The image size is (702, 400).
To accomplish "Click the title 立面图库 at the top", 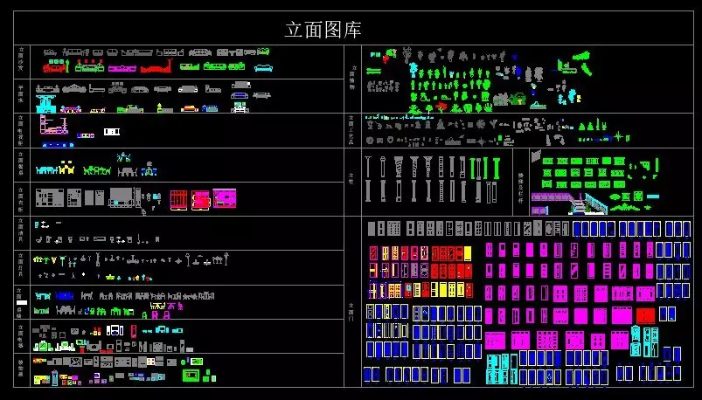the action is [x=323, y=30].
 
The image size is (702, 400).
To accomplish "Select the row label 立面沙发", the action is [x=23, y=61].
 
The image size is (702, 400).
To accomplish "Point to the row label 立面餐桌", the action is [x=23, y=164].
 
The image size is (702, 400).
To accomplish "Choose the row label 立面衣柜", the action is [x=23, y=199].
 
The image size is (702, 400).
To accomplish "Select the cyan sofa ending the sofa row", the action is [x=263, y=66].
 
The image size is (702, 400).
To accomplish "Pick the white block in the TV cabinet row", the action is [x=111, y=131].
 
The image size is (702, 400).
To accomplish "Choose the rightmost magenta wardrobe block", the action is [x=225, y=199].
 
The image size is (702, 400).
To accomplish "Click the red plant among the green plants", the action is [x=441, y=107].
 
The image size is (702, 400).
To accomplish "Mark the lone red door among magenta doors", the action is [x=645, y=314].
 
